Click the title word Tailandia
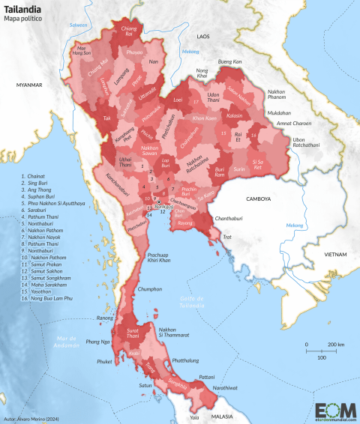pos(19,8)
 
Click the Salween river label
pos(79,25)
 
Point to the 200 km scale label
pos(335,344)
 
